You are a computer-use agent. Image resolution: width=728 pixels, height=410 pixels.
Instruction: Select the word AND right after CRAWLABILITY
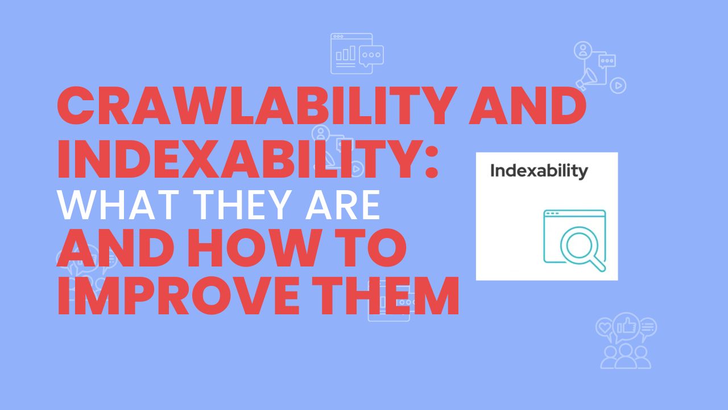coord(528,108)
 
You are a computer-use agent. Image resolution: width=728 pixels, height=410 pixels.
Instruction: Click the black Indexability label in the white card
coord(539,171)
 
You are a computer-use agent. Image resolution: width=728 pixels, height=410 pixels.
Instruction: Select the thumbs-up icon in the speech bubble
coord(626,326)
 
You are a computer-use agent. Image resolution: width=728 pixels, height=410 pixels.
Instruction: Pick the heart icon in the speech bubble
coord(604,327)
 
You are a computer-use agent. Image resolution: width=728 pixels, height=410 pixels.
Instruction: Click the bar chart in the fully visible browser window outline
coord(346,54)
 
